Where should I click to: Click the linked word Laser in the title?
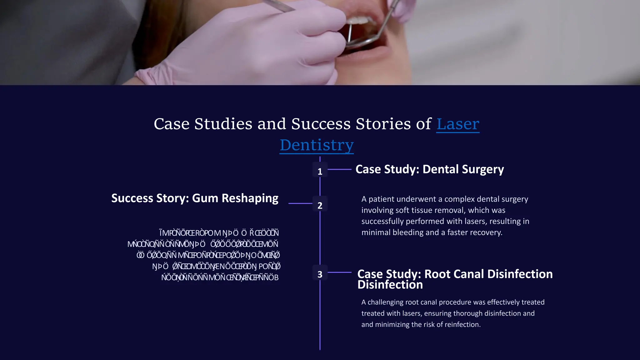click(457, 124)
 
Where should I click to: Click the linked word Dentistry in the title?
click(317, 145)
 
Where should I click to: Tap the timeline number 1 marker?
click(320, 171)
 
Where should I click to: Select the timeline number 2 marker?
click(320, 205)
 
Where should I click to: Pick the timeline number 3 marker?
click(320, 274)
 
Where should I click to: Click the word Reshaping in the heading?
click(250, 198)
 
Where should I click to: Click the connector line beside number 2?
click(300, 203)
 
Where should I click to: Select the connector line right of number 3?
click(339, 272)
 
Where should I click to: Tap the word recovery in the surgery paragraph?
click(486, 232)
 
